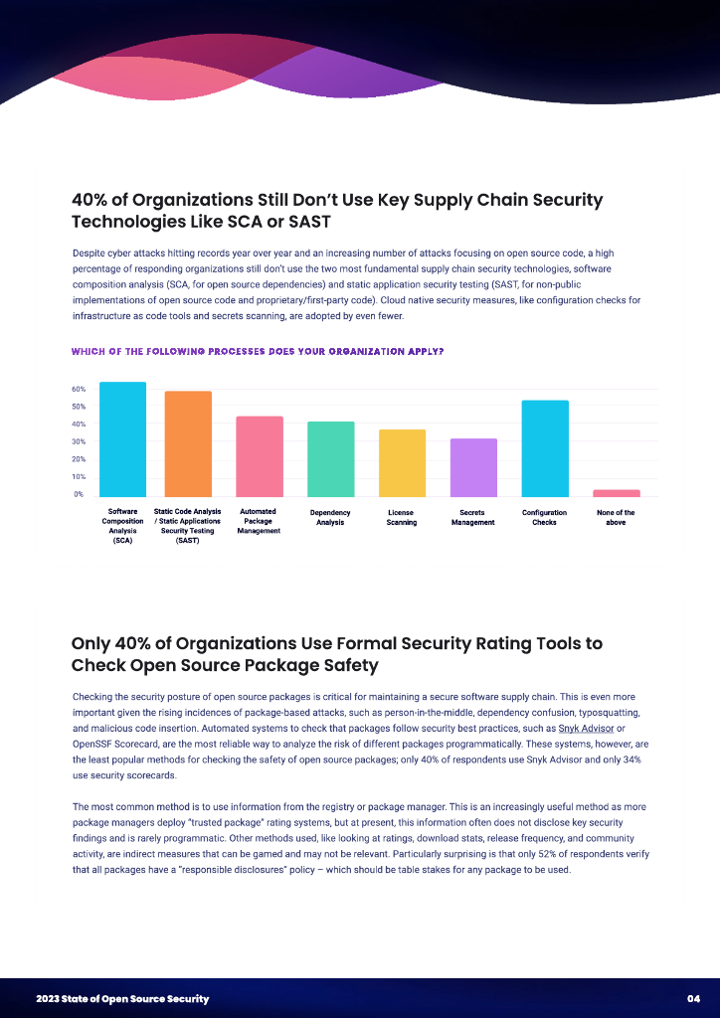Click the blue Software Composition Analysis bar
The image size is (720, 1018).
(x=122, y=438)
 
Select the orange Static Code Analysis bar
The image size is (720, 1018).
(x=188, y=443)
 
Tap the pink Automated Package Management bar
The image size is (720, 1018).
(x=260, y=455)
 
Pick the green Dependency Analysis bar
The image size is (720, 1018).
(x=331, y=458)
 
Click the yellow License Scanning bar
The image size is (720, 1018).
(x=402, y=462)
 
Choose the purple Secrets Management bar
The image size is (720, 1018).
(x=473, y=467)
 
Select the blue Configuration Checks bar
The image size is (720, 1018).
(x=545, y=447)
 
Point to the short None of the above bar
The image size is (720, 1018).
(x=617, y=492)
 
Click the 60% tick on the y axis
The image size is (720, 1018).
(x=79, y=389)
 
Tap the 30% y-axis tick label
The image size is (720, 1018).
(x=79, y=441)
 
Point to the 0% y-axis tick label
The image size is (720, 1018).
(x=79, y=494)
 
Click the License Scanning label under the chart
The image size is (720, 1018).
(x=402, y=517)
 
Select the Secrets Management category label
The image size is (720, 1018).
(x=473, y=517)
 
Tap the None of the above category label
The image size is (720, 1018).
(x=616, y=517)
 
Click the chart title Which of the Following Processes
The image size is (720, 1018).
(x=258, y=352)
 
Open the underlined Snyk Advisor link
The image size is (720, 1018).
(x=588, y=728)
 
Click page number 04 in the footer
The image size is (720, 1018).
(x=694, y=998)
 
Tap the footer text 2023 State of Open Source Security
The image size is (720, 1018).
(x=122, y=998)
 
